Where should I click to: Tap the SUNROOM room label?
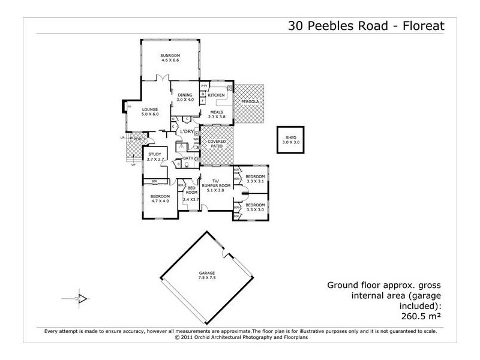170,58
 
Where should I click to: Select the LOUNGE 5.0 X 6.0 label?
149,112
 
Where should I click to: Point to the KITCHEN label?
216,95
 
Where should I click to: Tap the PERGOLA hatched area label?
250,102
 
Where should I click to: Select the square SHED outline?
290,141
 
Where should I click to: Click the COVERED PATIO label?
216,144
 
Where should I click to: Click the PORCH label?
140,139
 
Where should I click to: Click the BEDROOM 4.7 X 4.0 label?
160,199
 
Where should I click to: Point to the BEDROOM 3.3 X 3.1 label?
255,178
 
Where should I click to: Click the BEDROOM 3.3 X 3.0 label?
255,208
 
